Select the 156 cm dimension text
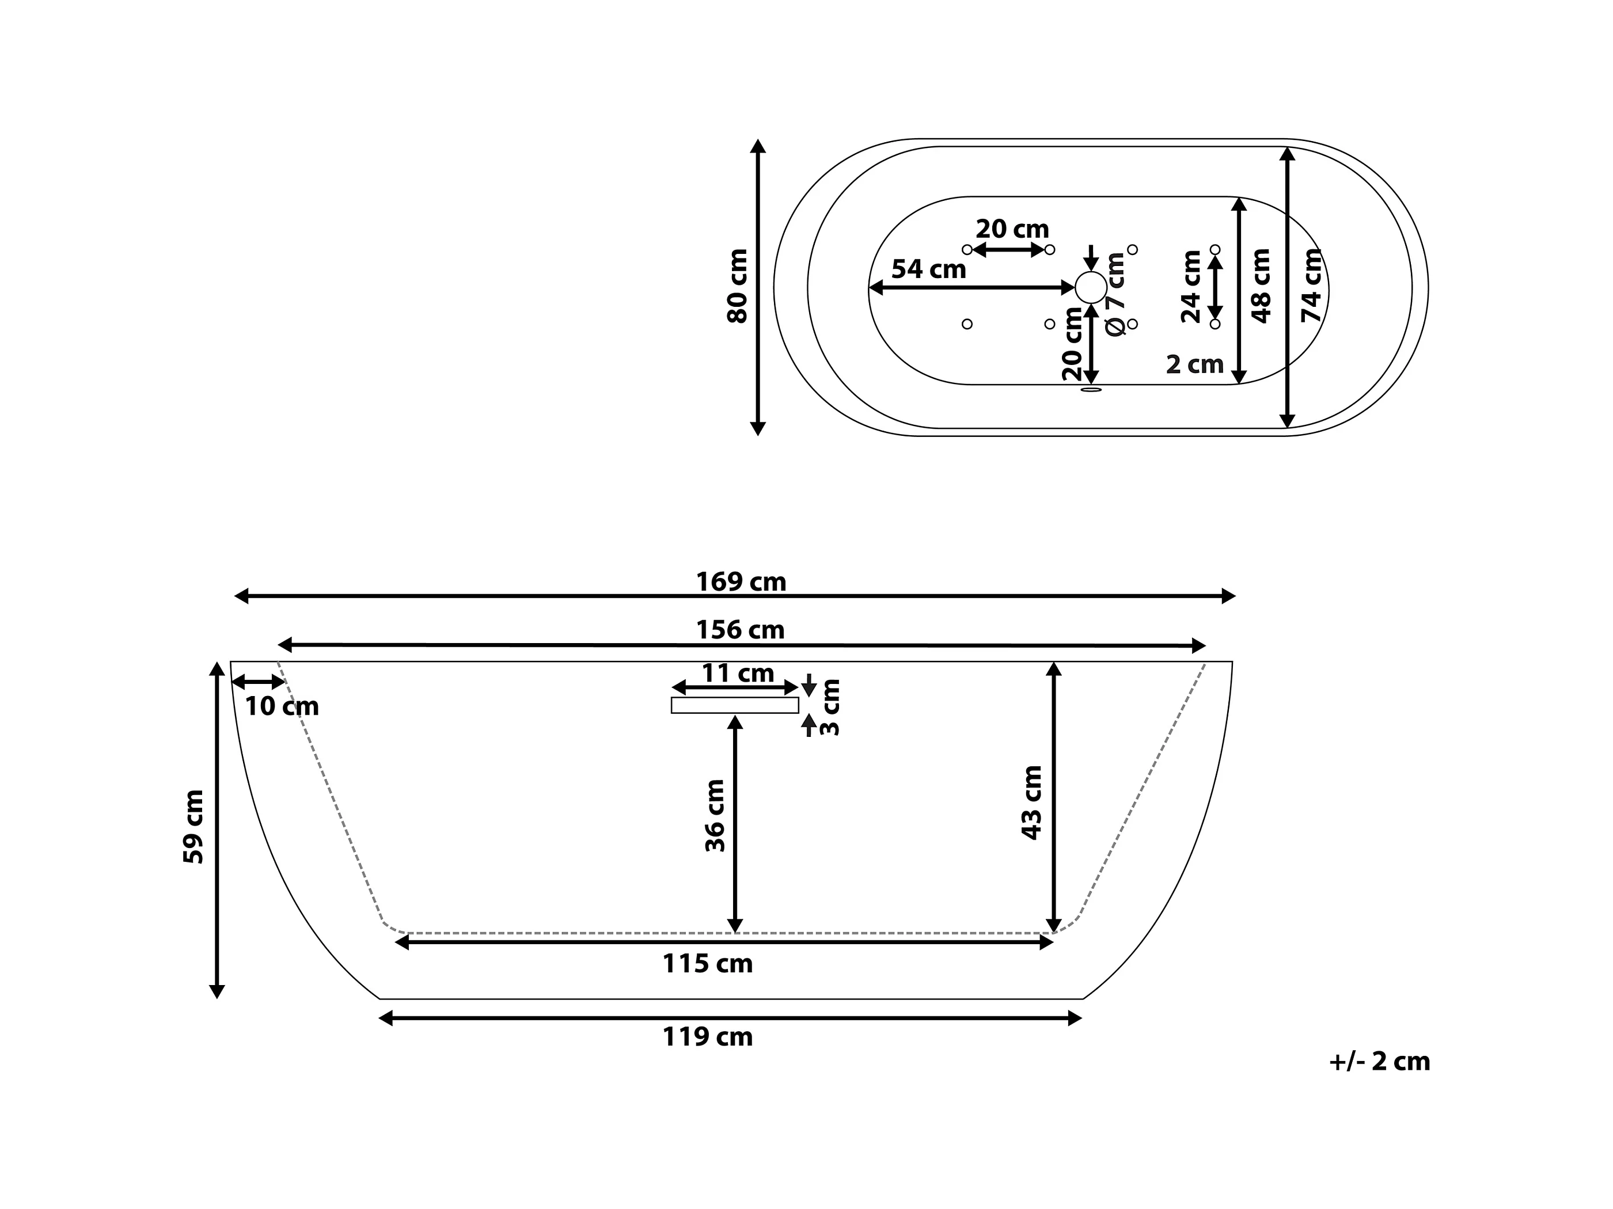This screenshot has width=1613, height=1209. click(x=740, y=630)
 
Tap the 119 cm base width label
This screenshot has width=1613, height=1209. click(x=707, y=1037)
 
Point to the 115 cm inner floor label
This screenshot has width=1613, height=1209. click(x=707, y=964)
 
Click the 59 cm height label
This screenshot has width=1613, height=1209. click(x=193, y=827)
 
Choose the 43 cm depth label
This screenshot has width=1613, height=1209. click(x=1032, y=803)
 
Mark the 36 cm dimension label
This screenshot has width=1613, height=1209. click(x=715, y=816)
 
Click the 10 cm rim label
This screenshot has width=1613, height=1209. click(x=282, y=706)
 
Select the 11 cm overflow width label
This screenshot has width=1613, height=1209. click(x=737, y=673)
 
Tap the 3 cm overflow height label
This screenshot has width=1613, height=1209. click(x=830, y=708)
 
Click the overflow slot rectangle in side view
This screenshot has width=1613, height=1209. click(x=734, y=705)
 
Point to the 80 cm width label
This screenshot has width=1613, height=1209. click(x=738, y=286)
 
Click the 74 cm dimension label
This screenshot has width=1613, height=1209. click(x=1312, y=286)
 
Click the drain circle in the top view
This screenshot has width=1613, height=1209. click(x=1090, y=287)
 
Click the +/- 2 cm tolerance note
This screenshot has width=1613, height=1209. click(x=1379, y=1062)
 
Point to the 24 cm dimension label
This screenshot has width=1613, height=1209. click(x=1191, y=287)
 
